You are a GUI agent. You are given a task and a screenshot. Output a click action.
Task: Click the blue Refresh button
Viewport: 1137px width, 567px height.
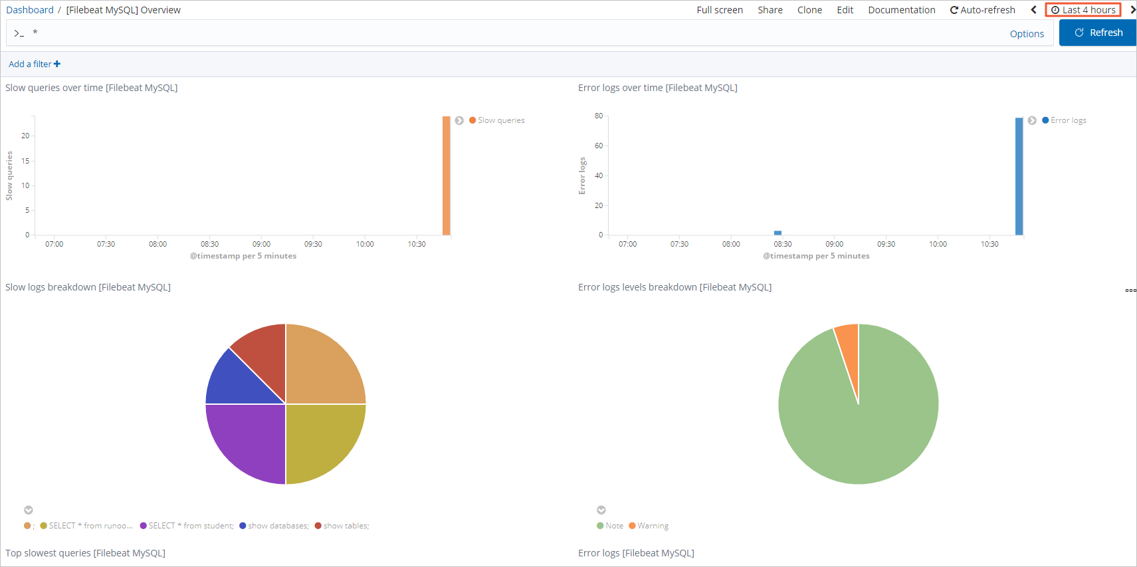click(1098, 33)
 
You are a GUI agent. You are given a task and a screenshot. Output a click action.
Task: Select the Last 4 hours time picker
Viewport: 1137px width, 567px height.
click(1083, 10)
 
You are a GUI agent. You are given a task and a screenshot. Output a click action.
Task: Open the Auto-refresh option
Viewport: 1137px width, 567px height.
click(983, 10)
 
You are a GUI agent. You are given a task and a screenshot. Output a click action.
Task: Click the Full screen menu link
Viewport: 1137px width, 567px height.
click(720, 10)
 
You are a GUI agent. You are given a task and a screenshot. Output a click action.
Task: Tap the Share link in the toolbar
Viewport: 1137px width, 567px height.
click(770, 10)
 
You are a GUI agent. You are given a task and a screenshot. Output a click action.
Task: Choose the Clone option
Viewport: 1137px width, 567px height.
click(809, 10)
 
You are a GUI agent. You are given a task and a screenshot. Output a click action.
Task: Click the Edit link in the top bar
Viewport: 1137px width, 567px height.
click(845, 10)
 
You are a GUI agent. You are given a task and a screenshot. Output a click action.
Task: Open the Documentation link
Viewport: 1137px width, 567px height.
click(901, 10)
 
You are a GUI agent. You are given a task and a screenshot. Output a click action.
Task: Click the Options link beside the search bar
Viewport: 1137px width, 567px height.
click(1027, 34)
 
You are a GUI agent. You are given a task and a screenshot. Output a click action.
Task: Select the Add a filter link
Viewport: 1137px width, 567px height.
click(34, 64)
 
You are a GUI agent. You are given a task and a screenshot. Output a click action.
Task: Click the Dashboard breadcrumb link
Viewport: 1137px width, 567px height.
click(30, 10)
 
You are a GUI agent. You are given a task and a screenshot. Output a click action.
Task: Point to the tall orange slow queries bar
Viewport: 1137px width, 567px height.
click(447, 175)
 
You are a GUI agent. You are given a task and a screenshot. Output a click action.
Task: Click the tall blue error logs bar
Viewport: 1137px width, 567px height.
click(1019, 176)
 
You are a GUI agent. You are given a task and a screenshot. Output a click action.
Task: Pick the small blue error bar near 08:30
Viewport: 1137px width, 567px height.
click(777, 233)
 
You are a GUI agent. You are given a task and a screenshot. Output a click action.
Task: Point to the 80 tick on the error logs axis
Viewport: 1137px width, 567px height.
click(599, 116)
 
